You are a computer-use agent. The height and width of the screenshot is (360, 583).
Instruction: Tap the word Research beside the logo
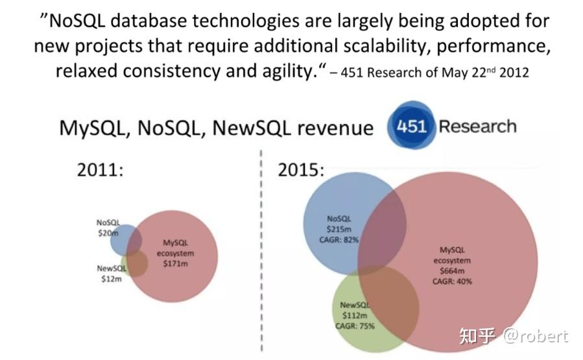(x=477, y=126)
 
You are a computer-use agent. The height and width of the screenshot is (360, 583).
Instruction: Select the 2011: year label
(x=100, y=170)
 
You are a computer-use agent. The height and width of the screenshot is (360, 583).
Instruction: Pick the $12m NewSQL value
(x=107, y=278)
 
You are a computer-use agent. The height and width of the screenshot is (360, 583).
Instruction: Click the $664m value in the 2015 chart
(x=452, y=270)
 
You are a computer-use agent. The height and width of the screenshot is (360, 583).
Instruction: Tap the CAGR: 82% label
(x=339, y=239)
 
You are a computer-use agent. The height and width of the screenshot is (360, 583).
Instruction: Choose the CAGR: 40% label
(x=452, y=282)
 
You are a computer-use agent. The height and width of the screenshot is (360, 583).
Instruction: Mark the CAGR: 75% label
(x=355, y=326)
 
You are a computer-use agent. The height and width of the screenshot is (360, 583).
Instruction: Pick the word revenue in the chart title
(x=335, y=128)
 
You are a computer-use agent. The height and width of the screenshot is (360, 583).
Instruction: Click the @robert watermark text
(x=536, y=335)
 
